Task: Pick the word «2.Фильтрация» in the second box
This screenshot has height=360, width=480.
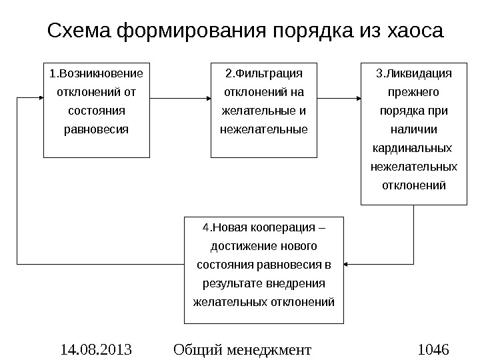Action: click(264, 72)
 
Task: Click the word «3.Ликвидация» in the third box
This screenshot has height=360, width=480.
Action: click(413, 72)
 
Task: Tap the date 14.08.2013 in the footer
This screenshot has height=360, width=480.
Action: click(96, 349)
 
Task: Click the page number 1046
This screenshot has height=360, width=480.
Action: click(433, 349)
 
